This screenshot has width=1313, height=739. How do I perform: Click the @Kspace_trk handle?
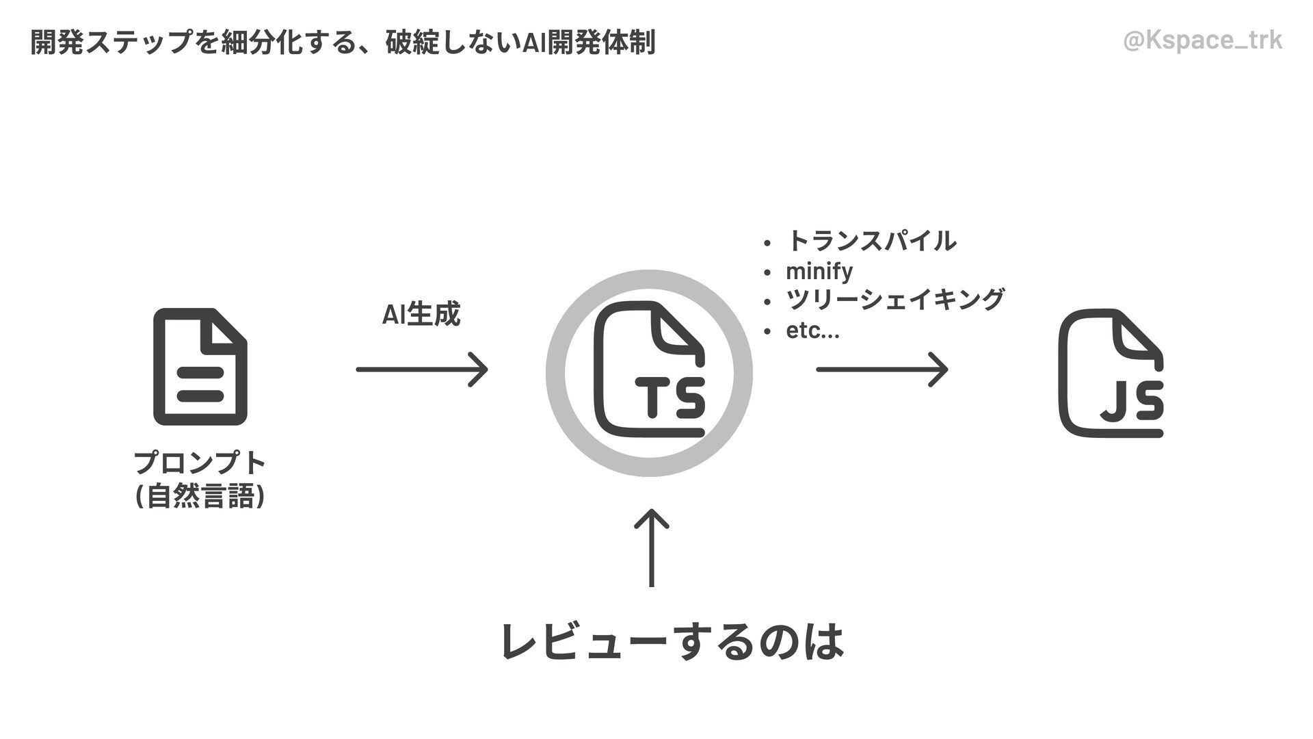click(1202, 41)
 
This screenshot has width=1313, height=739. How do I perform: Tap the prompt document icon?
click(200, 367)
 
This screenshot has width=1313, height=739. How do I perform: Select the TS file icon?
click(649, 369)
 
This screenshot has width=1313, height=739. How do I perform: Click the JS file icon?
click(1110, 373)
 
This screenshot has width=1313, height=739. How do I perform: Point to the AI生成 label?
click(421, 315)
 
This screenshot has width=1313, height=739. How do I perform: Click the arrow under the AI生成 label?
click(422, 369)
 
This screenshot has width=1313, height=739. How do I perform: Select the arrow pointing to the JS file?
click(881, 369)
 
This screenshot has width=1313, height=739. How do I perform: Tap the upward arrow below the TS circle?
click(651, 548)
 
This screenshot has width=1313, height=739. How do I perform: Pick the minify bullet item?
click(819, 271)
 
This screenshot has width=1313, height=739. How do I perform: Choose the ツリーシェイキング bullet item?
click(894, 300)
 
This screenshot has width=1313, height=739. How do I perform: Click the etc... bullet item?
click(812, 330)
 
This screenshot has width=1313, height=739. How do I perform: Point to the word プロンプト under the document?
click(200, 463)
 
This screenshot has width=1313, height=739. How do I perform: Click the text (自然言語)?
click(200, 496)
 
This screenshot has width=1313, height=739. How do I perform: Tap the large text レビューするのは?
click(672, 641)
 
